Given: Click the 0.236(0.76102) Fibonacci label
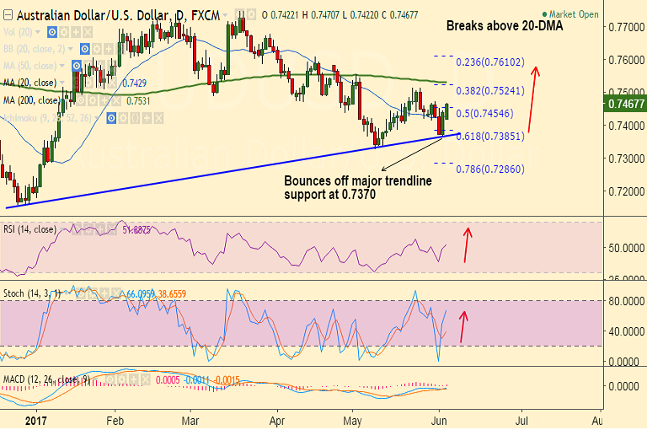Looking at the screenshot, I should (490, 62).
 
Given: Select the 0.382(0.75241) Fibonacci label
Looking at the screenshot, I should (490, 90).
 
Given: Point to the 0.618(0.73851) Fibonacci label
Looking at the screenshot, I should (490, 135).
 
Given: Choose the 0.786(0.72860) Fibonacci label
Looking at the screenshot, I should (490, 169).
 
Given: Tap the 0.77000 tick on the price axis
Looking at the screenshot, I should (624, 28).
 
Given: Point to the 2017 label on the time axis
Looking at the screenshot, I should (35, 419).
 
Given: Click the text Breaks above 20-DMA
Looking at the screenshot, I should (504, 27).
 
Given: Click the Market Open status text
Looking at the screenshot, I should (574, 14).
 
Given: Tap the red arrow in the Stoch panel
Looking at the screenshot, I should (463, 325).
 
